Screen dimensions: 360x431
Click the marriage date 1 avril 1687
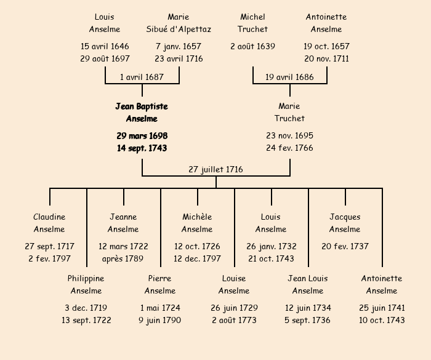click(x=142, y=77)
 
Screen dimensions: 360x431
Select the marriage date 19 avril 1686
click(x=289, y=77)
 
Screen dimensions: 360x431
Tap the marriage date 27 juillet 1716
click(x=216, y=169)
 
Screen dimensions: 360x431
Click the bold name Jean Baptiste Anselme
click(x=142, y=113)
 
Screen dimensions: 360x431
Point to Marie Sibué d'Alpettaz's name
click(x=179, y=23)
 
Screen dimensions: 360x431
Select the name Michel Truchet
click(x=252, y=23)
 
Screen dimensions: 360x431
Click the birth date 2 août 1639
click(x=252, y=46)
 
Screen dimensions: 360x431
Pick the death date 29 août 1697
click(x=105, y=59)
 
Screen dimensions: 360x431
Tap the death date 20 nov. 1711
click(x=326, y=59)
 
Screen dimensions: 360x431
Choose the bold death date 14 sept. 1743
click(x=142, y=148)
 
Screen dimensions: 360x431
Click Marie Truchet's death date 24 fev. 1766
click(x=289, y=148)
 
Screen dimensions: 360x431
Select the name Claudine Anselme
click(x=49, y=223)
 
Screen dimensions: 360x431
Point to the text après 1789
click(x=123, y=259)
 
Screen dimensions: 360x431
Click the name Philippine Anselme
click(x=86, y=284)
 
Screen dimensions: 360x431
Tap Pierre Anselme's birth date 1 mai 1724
click(x=160, y=308)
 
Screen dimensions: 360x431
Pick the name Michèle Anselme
click(x=197, y=223)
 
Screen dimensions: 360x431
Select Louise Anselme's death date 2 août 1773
click(x=234, y=321)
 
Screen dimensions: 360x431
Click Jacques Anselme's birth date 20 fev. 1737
click(x=345, y=246)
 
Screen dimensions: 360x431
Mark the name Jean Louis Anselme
click(x=308, y=284)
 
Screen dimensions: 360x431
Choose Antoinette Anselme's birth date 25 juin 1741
click(x=382, y=308)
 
